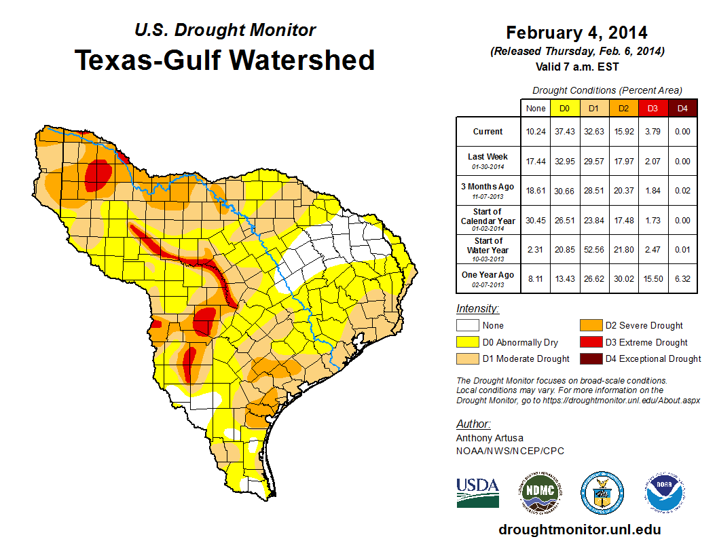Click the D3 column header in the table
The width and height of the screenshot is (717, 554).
[652, 108]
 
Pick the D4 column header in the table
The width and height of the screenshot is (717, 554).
[682, 108]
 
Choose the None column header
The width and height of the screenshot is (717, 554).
[535, 108]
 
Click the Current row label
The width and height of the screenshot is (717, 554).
[488, 132]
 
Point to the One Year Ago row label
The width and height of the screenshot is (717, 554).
[488, 275]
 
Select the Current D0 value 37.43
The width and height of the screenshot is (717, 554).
[564, 132]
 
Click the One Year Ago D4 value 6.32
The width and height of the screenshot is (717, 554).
[682, 278]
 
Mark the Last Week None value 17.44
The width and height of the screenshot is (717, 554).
[535, 162]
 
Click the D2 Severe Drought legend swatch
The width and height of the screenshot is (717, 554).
[589, 325]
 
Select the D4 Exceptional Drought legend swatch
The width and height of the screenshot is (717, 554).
[589, 358]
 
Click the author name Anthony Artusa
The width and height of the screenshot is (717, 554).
[490, 438]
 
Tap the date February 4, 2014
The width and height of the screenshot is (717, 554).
[576, 33]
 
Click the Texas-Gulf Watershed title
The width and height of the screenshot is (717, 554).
[225, 60]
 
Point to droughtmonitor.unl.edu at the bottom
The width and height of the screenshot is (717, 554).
[579, 530]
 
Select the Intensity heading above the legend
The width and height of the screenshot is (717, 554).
[477, 309]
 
